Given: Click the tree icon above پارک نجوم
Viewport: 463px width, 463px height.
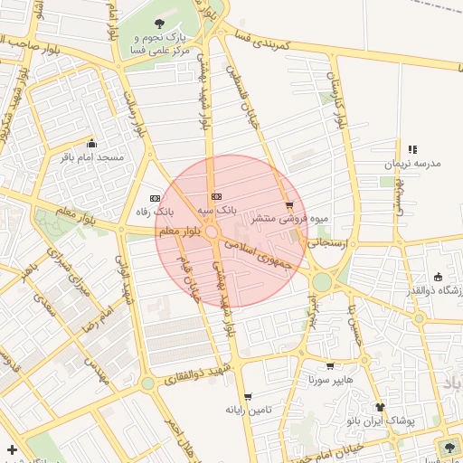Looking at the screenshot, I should pos(160,24).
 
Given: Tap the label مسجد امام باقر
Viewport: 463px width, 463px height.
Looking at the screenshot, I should pos(90,157).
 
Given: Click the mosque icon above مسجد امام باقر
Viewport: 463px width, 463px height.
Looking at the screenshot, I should pos(90,143).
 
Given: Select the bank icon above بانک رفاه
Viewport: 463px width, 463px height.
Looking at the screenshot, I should pos(155,198).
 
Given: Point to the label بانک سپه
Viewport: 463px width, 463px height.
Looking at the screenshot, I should pos(218,209).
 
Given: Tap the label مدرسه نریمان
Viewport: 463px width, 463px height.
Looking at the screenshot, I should pos(412,164).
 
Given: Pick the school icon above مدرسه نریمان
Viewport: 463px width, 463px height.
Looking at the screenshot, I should pos(412,149).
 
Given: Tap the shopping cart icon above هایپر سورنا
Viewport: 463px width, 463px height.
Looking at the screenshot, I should pos(330,367).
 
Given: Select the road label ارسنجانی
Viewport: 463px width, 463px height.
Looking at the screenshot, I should pos(327,242).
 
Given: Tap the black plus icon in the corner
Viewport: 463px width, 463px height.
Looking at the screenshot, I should pos(11,449).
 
